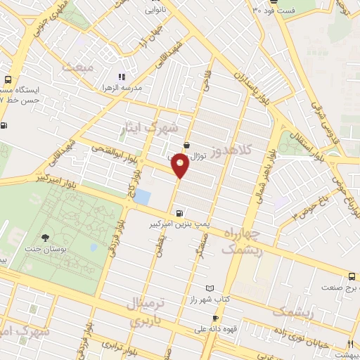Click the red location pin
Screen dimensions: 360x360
180,165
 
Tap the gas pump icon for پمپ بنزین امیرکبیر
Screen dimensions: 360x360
181,213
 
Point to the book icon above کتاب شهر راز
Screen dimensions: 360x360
209,288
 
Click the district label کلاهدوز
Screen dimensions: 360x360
247,150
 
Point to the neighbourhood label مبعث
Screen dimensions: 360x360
77,67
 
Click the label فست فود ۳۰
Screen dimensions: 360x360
276,10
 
